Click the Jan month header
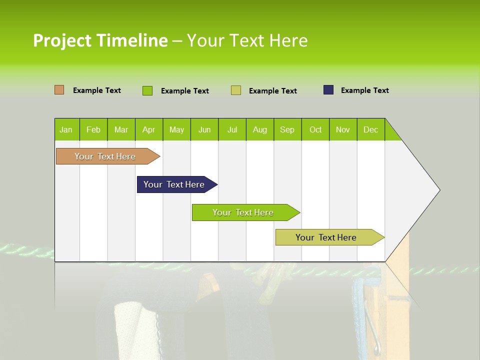(x=66, y=130)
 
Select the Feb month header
(x=93, y=130)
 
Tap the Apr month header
(x=149, y=130)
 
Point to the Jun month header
(x=204, y=130)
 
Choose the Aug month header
(x=260, y=130)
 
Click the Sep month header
(x=287, y=130)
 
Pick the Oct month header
(x=315, y=130)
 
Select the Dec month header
(x=371, y=130)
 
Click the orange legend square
(x=59, y=90)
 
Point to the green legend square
(x=147, y=90)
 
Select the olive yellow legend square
(x=236, y=90)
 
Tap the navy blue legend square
(x=328, y=90)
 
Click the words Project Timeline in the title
(x=100, y=40)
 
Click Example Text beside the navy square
(x=364, y=90)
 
